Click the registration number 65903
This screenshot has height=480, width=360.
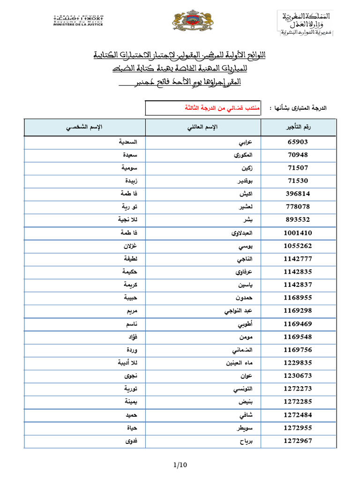coord(298,142)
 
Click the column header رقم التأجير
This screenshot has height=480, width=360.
coord(298,127)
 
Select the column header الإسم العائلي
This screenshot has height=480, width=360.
coord(203,127)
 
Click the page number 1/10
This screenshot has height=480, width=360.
coord(180,465)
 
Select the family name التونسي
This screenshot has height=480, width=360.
coord(245,389)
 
